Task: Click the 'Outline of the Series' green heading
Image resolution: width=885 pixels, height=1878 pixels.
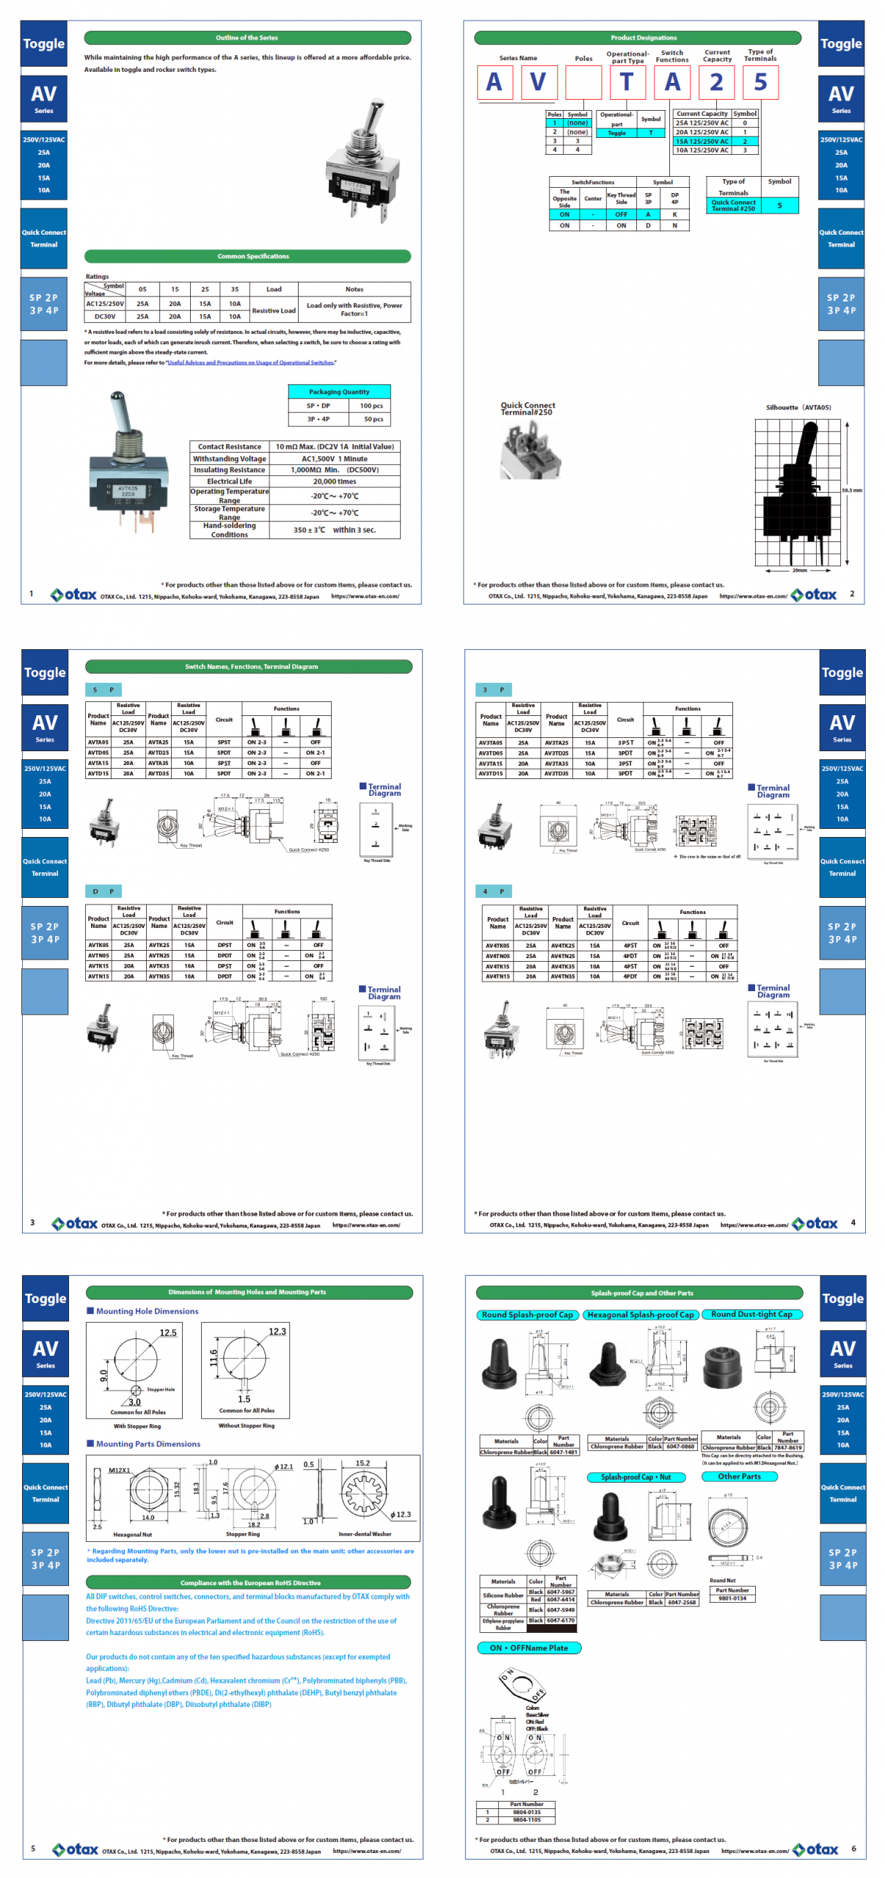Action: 247,37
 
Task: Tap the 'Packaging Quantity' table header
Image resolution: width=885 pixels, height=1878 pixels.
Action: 338,392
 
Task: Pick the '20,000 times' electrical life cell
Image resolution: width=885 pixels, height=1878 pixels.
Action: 334,482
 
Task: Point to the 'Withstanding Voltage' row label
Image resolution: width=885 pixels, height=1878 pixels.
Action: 229,458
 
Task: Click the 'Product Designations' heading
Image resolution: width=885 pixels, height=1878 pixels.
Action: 643,37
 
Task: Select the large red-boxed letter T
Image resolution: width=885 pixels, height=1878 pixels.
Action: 626,82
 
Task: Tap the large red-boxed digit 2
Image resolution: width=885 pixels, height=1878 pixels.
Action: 715,82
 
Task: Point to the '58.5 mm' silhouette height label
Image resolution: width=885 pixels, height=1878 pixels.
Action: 851,490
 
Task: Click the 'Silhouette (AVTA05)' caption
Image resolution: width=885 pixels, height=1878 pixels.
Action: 798,407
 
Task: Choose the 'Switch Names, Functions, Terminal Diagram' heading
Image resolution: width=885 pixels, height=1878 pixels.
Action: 251,666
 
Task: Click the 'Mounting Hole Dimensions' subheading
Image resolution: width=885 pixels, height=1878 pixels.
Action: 147,1310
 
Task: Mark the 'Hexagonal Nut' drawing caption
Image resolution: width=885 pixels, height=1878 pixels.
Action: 132,1534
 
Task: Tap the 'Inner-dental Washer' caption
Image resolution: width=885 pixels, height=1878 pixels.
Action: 364,1534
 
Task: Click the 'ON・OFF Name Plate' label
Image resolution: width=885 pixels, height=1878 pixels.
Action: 528,1648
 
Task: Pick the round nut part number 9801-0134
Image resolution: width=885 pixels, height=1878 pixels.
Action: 732,1598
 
